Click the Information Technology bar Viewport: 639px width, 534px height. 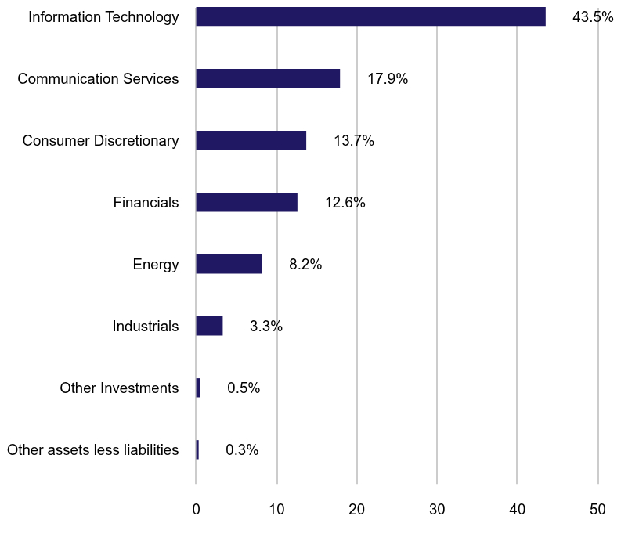coord(370,16)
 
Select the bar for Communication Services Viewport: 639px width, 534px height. coord(268,78)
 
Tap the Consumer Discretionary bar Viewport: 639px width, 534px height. coord(251,140)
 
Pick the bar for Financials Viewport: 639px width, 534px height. coord(247,202)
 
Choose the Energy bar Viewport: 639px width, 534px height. coord(229,264)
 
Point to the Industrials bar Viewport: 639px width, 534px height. coord(209,326)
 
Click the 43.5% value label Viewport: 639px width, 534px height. coord(593,17)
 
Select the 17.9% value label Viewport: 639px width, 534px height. coord(388,79)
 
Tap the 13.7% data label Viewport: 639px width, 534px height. coord(354,141)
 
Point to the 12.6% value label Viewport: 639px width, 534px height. coord(345,203)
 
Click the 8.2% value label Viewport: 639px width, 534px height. coord(305,265)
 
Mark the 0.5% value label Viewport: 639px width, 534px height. coord(244,388)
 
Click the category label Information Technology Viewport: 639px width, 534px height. coord(103,17)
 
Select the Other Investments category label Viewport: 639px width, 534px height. coord(119,388)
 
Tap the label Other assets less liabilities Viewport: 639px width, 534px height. coord(92,450)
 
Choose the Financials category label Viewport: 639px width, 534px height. coord(146,203)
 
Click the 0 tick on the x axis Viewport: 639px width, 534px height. coord(196,509)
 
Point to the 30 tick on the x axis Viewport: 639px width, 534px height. coord(437,509)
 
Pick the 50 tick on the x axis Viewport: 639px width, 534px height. coord(598,509)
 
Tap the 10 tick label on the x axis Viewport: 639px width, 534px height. coord(276,509)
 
